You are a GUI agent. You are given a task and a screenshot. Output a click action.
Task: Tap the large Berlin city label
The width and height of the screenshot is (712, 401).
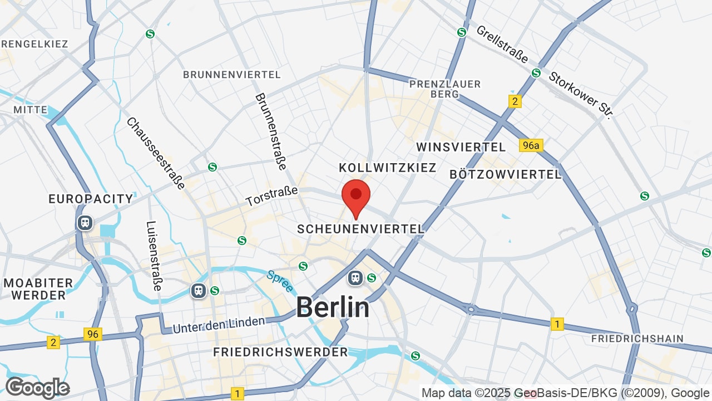click(x=333, y=307)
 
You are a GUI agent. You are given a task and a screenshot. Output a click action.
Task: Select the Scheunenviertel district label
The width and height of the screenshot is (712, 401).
click(x=360, y=229)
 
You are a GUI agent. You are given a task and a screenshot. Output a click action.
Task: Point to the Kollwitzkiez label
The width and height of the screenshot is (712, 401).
click(x=388, y=168)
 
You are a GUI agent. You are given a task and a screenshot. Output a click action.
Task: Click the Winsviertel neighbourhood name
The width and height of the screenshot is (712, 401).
click(x=461, y=147)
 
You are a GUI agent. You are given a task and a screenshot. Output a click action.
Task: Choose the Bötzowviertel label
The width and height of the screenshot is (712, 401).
click(x=505, y=174)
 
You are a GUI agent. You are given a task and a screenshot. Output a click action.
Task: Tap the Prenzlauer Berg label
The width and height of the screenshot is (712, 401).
click(x=444, y=89)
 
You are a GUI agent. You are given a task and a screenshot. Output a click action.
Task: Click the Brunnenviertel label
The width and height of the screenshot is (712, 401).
click(x=232, y=75)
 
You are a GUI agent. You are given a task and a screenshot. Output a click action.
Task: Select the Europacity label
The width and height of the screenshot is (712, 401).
click(x=91, y=199)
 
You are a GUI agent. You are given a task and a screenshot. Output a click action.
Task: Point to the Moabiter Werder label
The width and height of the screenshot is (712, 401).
click(x=38, y=289)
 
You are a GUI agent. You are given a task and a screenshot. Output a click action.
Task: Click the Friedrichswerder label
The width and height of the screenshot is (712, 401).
click(x=280, y=352)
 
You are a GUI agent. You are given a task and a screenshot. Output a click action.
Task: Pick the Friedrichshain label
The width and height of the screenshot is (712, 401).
click(x=637, y=339)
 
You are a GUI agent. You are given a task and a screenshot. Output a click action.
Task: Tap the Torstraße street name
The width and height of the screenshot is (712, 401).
click(x=272, y=196)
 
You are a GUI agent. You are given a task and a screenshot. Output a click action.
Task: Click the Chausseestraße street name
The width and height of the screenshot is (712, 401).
click(x=155, y=153)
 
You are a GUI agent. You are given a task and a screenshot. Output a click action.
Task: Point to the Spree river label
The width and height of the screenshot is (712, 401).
click(x=280, y=282)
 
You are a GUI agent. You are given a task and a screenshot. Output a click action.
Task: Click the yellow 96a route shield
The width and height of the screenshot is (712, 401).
click(x=530, y=145)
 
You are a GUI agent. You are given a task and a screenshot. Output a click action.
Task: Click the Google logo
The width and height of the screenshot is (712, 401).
click(x=37, y=388)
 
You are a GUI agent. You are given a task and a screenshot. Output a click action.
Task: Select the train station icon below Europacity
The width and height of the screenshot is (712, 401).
click(x=85, y=223)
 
